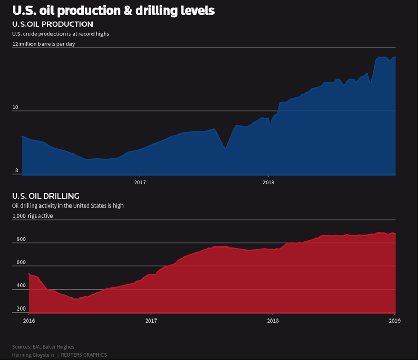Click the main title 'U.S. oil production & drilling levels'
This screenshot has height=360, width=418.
point(113,11)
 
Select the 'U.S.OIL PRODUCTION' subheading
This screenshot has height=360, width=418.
point(53,24)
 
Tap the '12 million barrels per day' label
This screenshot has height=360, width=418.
point(44,44)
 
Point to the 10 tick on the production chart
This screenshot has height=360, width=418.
point(15,107)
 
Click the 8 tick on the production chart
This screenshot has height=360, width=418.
point(16,170)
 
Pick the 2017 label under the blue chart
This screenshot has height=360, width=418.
point(140,182)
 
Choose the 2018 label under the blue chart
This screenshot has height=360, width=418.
point(268,182)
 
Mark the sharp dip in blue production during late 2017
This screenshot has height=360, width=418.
point(225,148)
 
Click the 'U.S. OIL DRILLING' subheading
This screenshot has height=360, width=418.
point(46,196)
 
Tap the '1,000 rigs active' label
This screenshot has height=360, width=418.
point(33,215)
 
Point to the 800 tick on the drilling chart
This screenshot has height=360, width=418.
point(21,239)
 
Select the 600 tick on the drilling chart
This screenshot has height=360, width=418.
point(21,262)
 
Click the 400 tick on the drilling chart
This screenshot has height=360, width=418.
point(21,286)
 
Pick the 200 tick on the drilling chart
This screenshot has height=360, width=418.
point(21,309)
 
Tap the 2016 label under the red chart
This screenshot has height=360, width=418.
point(29,320)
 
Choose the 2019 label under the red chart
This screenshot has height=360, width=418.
point(394,320)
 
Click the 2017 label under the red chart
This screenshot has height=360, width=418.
point(151,320)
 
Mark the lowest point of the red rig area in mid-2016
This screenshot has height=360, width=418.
point(76,299)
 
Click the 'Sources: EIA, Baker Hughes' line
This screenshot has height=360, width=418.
point(43,347)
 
